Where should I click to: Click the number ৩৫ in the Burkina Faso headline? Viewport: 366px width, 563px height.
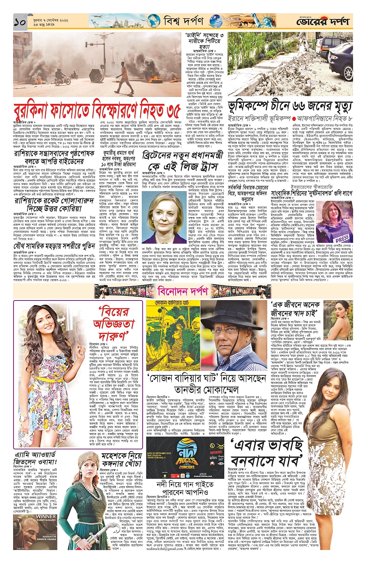point(169,112)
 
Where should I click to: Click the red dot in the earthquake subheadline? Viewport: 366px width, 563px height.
point(294,118)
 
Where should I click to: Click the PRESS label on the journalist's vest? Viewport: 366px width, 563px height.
point(342,237)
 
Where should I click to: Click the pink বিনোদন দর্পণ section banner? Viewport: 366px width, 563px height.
point(183,290)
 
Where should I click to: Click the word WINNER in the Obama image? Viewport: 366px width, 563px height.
point(46,516)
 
